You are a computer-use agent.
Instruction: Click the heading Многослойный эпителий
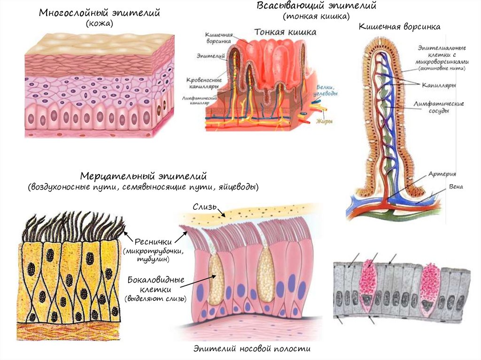[100, 13]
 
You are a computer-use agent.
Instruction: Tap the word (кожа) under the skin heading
[99, 24]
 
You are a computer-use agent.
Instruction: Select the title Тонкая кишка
[285, 32]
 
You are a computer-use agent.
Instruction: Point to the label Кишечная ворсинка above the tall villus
[399, 27]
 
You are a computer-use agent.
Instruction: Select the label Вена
[455, 187]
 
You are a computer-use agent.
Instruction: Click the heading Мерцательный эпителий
[144, 177]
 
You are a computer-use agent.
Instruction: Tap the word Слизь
[203, 207]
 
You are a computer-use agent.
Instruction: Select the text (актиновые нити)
[440, 69]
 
